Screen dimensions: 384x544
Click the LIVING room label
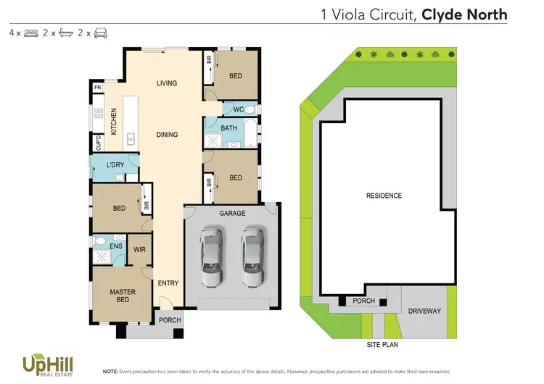click(167, 83)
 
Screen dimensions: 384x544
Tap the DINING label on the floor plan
click(167, 135)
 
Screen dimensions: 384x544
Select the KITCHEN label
click(114, 121)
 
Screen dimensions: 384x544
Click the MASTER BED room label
click(123, 296)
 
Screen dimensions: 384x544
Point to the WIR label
click(139, 250)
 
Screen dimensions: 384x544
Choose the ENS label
click(116, 246)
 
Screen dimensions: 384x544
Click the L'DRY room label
click(115, 166)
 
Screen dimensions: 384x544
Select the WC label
click(237, 109)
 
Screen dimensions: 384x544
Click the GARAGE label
click(232, 213)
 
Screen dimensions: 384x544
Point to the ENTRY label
click(168, 283)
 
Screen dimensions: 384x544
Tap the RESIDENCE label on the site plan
click(384, 196)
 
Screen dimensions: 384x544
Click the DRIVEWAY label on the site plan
click(424, 311)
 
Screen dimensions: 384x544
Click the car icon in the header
click(101, 33)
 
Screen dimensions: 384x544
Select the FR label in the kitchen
click(97, 88)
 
